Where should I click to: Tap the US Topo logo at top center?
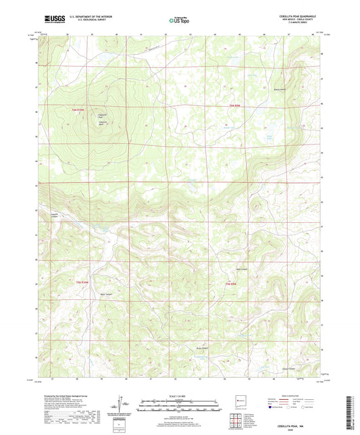point(179,20)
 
